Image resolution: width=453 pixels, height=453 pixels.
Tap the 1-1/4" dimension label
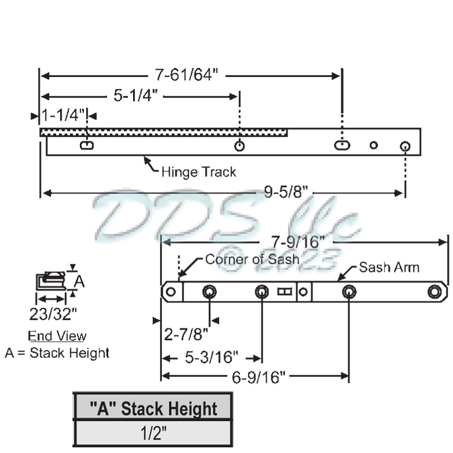click(62, 116)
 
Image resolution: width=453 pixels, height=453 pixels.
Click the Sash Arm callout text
click(389, 267)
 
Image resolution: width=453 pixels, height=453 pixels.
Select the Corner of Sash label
click(251, 259)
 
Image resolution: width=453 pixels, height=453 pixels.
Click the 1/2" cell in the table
click(153, 433)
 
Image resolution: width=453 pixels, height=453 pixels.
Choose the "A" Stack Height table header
click(153, 408)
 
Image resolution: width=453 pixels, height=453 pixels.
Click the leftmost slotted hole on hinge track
click(87, 146)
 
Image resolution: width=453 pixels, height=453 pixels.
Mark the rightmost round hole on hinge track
click(405, 146)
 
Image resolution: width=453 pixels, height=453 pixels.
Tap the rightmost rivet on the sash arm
click(434, 292)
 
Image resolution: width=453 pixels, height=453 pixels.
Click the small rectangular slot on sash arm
click(284, 292)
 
